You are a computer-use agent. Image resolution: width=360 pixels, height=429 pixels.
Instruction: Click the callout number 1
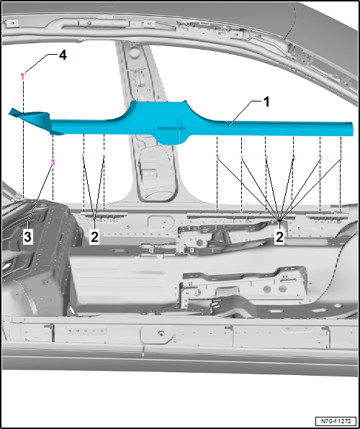click(x=266, y=102)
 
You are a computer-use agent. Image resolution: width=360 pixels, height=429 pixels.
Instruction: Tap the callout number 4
click(x=63, y=55)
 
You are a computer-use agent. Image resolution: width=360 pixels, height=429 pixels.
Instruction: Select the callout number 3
click(x=27, y=237)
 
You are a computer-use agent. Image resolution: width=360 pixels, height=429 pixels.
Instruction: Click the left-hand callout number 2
click(x=94, y=237)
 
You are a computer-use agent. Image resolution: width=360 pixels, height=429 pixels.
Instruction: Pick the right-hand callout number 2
click(x=279, y=237)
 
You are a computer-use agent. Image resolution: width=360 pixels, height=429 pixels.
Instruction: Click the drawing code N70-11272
click(x=336, y=420)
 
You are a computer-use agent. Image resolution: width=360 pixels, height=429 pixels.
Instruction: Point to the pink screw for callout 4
click(x=23, y=76)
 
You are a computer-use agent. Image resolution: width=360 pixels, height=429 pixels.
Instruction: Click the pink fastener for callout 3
click(x=53, y=162)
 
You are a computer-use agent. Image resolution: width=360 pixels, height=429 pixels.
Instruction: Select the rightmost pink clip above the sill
click(x=341, y=158)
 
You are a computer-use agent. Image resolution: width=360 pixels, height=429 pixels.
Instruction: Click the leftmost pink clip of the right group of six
click(x=218, y=158)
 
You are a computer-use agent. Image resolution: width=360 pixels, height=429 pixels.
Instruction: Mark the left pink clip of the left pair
click(x=84, y=155)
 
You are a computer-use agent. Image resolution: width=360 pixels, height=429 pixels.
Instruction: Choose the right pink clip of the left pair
click(x=104, y=155)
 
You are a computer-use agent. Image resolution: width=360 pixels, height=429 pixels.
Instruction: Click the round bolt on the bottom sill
click(x=160, y=334)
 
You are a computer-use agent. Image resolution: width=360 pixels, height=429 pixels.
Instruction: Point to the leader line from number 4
click(x=40, y=63)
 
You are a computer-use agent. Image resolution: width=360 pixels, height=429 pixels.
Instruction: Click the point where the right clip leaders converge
click(x=279, y=220)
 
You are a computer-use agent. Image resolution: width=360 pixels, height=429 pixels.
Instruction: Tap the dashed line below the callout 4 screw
click(x=23, y=138)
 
